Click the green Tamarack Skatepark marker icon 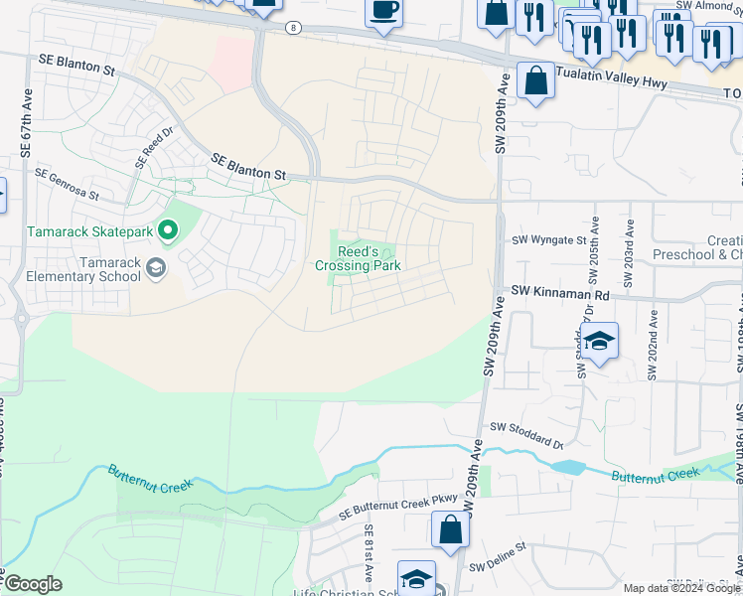pyautogui.click(x=168, y=231)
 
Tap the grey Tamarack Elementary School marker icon pyautogui.click(x=155, y=266)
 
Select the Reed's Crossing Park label pyautogui.click(x=358, y=259)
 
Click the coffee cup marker pyautogui.click(x=383, y=11)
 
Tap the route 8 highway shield pyautogui.click(x=292, y=28)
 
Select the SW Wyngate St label pyautogui.click(x=549, y=239)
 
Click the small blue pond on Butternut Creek pyautogui.click(x=566, y=466)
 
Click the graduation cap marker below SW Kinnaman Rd pyautogui.click(x=600, y=341)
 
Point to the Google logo pyautogui.click(x=33, y=584)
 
